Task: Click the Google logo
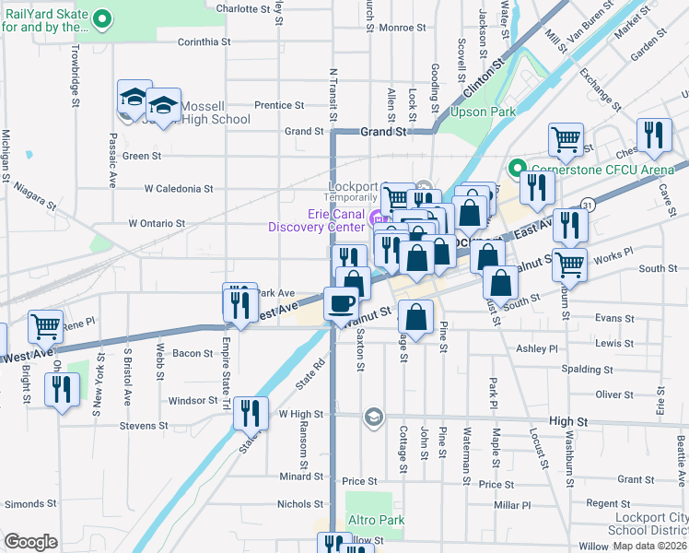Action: click(x=29, y=542)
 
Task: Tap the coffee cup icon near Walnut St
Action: click(x=342, y=302)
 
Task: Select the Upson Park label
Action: click(x=481, y=112)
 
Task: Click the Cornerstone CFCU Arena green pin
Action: click(x=515, y=169)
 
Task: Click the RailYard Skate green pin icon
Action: click(x=103, y=18)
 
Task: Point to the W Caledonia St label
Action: click(x=179, y=189)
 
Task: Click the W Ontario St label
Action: click(x=157, y=223)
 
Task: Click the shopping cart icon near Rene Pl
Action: click(x=45, y=326)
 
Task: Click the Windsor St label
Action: click(x=192, y=401)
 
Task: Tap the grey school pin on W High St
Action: click(x=372, y=417)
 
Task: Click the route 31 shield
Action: click(x=587, y=207)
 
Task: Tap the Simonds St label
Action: click(x=24, y=504)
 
